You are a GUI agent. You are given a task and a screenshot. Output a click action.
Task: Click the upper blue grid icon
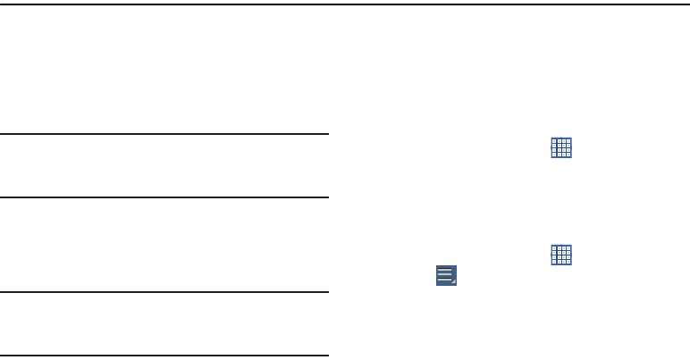(x=561, y=148)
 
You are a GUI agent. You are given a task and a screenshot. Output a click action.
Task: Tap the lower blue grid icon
(x=561, y=254)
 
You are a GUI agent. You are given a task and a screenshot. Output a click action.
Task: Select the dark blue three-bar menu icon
(x=446, y=275)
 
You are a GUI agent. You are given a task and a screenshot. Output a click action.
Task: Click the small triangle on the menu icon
(x=453, y=282)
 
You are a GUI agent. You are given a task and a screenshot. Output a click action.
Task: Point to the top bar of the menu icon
(x=445, y=269)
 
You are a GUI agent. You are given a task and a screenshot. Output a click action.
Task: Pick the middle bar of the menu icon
(x=445, y=274)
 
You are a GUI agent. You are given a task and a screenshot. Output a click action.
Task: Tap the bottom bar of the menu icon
(x=444, y=280)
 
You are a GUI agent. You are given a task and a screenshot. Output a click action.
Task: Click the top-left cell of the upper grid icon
(x=555, y=142)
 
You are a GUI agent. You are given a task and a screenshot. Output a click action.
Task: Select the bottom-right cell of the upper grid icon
(x=568, y=155)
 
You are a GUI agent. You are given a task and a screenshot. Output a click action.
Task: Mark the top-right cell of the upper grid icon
(x=568, y=142)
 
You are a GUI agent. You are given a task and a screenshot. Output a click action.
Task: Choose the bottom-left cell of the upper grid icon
(x=555, y=155)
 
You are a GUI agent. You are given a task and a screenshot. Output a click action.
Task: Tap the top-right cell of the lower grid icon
(x=568, y=247)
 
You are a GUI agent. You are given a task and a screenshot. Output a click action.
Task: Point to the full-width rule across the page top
(x=345, y=4)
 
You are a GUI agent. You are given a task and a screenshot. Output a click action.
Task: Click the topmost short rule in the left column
(x=164, y=135)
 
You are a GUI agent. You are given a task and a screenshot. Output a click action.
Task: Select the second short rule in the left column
(x=164, y=197)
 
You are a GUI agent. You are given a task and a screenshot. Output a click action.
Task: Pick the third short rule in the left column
(x=164, y=292)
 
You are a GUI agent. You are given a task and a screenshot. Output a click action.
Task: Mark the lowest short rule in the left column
(x=164, y=356)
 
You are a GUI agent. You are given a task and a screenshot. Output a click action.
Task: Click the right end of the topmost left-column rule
(x=326, y=135)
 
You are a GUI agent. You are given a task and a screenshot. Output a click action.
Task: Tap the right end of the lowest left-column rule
(x=326, y=356)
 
